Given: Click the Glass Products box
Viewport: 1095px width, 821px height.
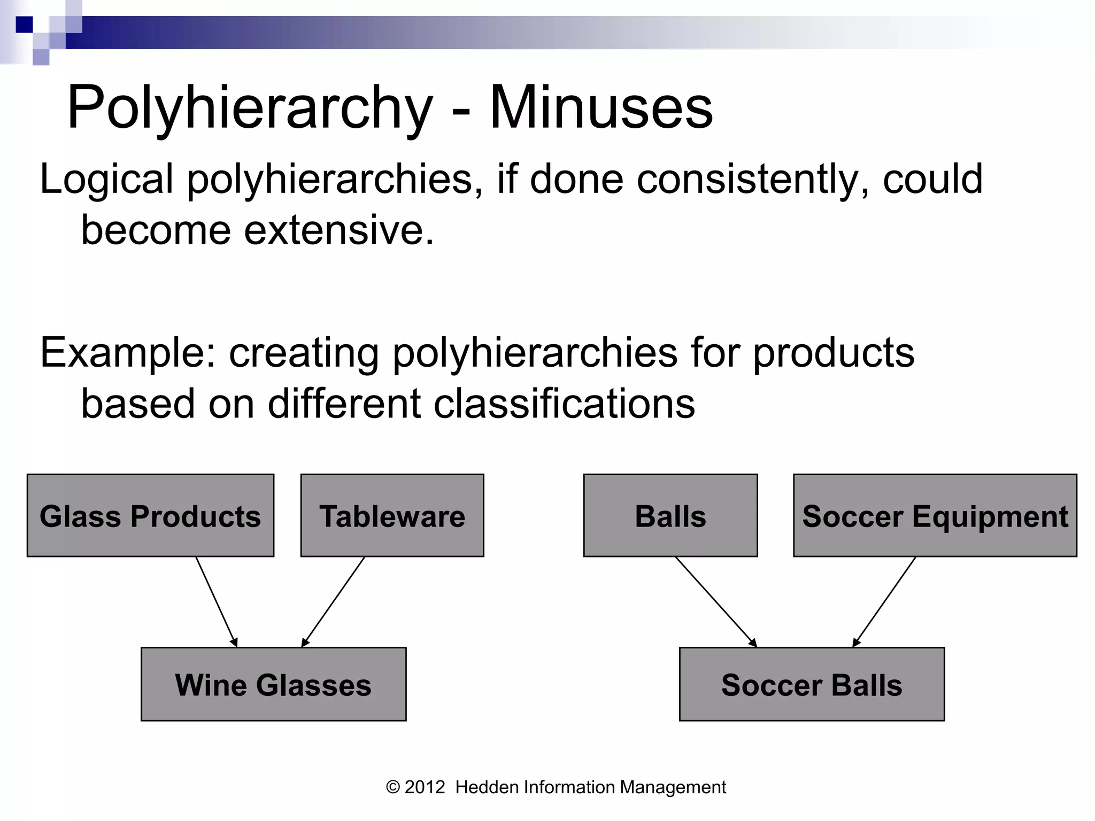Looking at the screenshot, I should [150, 515].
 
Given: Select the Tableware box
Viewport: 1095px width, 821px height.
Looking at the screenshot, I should [392, 515].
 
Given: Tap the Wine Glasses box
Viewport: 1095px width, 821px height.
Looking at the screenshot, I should [273, 684].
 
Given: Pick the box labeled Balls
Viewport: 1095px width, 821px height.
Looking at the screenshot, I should [670, 515].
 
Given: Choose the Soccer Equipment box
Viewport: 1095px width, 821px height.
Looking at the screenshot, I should [935, 515].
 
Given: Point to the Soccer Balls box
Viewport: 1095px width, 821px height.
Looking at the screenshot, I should [812, 684].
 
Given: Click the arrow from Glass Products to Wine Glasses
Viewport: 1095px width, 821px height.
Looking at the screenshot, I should [216, 602].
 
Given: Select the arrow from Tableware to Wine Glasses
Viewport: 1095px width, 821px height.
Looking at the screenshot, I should [333, 602].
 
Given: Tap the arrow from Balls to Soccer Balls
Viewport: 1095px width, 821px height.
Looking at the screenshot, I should [716, 602].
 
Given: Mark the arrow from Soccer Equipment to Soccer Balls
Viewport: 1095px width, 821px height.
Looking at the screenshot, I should [884, 602].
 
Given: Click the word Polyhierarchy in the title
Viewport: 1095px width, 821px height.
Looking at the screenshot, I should [250, 108].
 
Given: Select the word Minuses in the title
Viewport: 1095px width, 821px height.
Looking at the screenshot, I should [601, 108].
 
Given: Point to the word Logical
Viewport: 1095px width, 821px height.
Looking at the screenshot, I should [106, 180].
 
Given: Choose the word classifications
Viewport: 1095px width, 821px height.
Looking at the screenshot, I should [564, 404].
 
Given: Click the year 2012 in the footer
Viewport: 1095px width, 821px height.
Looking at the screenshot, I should [425, 787].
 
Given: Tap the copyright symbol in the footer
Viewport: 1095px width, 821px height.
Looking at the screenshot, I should [393, 787].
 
